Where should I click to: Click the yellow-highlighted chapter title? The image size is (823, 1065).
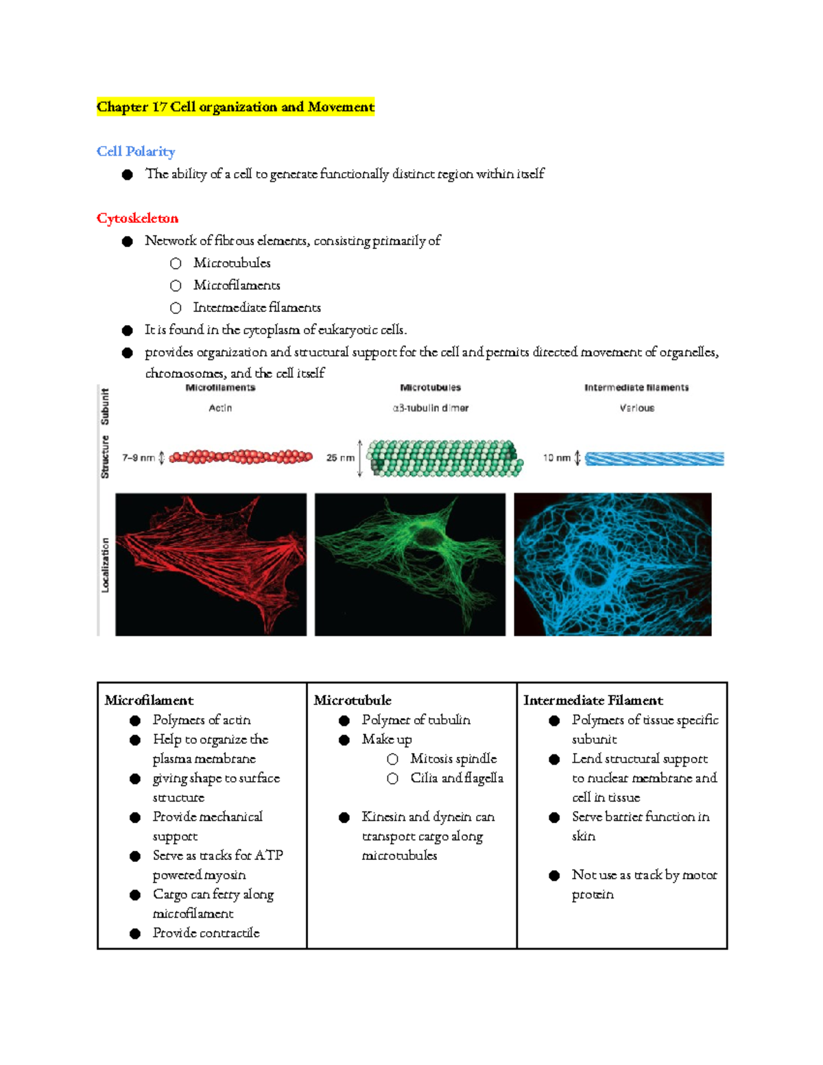tap(235, 107)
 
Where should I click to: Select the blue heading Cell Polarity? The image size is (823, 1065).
tap(136, 152)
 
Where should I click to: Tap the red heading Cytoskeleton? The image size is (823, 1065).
tap(137, 218)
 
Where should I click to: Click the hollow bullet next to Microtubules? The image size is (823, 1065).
tap(176, 263)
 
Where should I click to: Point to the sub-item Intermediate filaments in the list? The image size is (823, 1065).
tap(257, 307)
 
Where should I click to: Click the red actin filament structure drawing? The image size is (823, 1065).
tap(241, 457)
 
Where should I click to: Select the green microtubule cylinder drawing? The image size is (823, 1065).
tap(445, 458)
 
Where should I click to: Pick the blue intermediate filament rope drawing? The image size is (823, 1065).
tap(654, 458)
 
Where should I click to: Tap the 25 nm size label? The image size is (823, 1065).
tap(340, 458)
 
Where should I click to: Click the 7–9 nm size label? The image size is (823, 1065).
tap(139, 458)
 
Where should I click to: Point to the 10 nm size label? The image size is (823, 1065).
tap(556, 458)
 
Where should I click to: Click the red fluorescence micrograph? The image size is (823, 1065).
tap(211, 564)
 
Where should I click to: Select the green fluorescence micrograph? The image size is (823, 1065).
tap(409, 564)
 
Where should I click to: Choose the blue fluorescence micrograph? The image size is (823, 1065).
tap(612, 564)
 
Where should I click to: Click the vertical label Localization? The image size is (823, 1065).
tap(105, 564)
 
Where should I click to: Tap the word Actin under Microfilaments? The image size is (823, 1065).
tap(220, 408)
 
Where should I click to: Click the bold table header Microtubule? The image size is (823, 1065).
tap(353, 700)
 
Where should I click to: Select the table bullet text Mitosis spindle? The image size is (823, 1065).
tap(453, 758)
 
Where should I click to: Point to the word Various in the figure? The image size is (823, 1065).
tap(636, 408)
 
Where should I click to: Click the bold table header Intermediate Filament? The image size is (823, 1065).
tap(593, 700)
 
